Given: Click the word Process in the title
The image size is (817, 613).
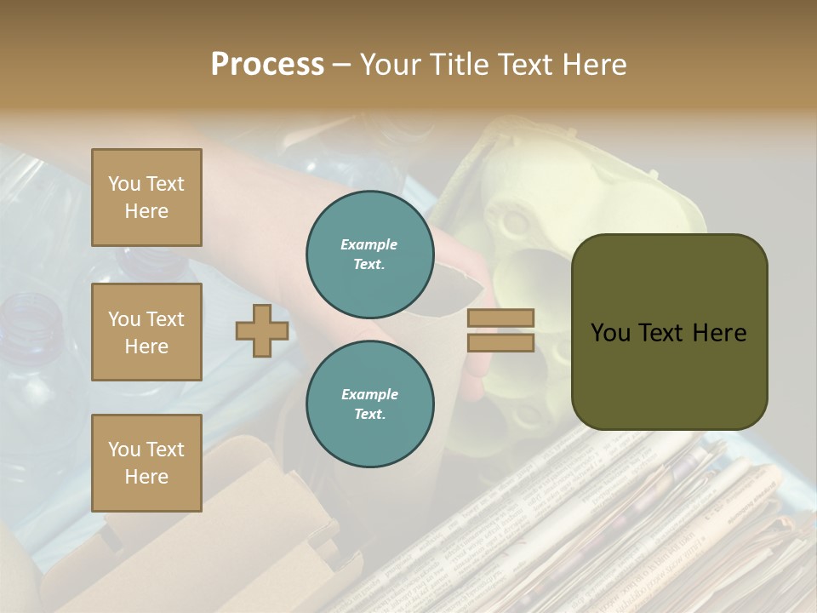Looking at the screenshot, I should tap(267, 65).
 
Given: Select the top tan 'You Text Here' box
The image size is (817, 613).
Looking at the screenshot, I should tap(146, 198).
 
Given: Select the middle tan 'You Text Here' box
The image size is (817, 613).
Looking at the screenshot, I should tap(146, 332).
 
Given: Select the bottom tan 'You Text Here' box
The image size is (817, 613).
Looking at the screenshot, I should tap(146, 463).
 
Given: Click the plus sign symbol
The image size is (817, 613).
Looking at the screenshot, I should tap(262, 330).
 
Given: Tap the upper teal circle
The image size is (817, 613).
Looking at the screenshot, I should tap(370, 255).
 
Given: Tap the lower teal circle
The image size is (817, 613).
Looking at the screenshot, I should tap(370, 404).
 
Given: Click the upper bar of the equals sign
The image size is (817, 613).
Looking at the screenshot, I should tap(500, 318).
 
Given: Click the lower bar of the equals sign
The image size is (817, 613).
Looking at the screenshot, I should tap(500, 342).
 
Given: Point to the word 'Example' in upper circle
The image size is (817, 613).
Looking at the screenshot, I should tap(369, 244).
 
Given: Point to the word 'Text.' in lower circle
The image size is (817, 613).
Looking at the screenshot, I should tap(369, 414).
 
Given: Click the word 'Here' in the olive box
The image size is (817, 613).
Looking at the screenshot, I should tap(718, 333).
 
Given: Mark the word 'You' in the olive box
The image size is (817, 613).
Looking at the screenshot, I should tap(610, 333).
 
